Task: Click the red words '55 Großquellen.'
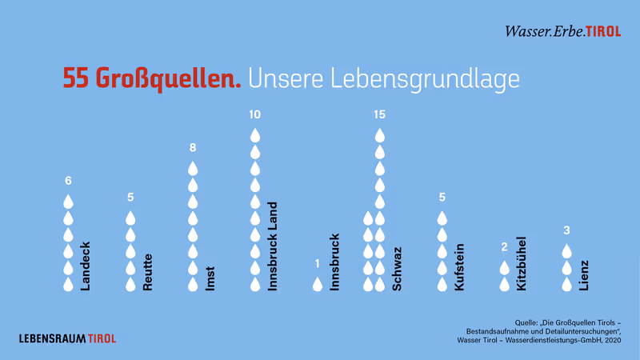pyautogui.click(x=152, y=78)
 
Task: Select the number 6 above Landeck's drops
pyautogui.click(x=68, y=180)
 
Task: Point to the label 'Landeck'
pyautogui.click(x=86, y=265)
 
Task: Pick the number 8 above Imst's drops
pyautogui.click(x=193, y=148)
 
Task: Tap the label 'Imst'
pyautogui.click(x=210, y=277)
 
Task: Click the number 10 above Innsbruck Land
pyautogui.click(x=255, y=114)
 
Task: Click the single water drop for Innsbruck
pyautogui.click(x=318, y=283)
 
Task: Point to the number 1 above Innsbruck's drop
pyautogui.click(x=318, y=263)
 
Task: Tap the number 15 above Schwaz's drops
pyautogui.click(x=380, y=114)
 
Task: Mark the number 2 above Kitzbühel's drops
pyautogui.click(x=504, y=247)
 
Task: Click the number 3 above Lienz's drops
pyautogui.click(x=566, y=230)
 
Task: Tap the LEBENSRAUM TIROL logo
pyautogui.click(x=67, y=338)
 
